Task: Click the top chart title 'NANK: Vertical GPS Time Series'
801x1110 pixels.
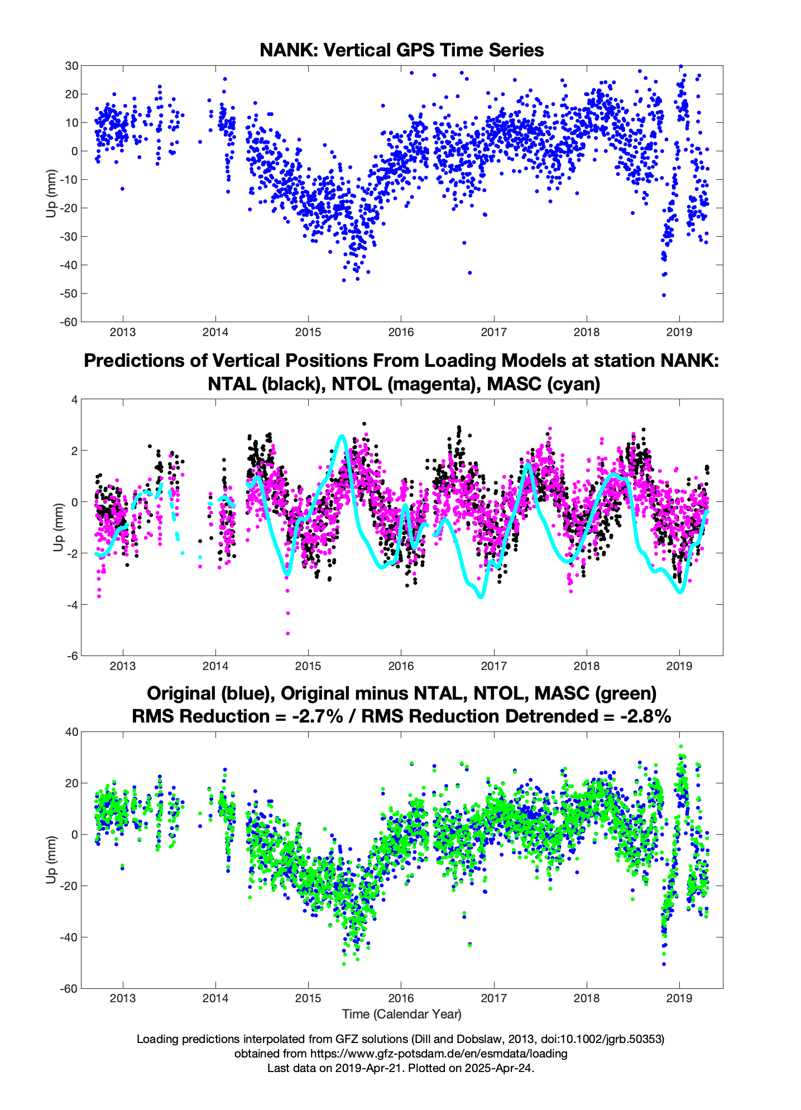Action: tap(401, 50)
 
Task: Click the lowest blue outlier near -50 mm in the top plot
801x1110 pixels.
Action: tap(664, 295)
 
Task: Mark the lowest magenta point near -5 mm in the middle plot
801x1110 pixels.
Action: tap(288, 633)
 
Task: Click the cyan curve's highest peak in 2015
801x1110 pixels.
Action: tap(342, 436)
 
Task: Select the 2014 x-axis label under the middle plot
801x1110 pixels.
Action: tap(215, 666)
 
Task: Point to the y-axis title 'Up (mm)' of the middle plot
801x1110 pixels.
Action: tap(59, 527)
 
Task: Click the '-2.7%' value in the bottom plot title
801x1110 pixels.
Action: tap(318, 716)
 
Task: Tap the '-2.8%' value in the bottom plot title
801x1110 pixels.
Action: tap(645, 716)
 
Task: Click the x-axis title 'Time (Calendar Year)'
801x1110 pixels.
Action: tap(401, 1014)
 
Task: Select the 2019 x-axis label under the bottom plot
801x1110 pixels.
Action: tap(679, 998)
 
